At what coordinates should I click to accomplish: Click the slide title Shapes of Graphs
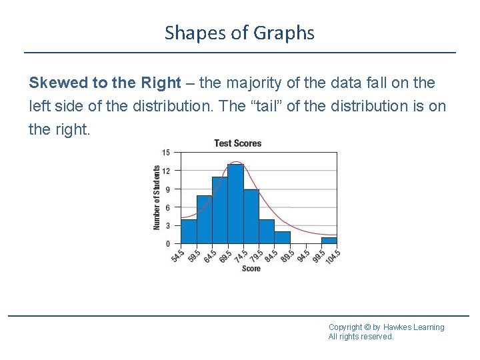point(239,33)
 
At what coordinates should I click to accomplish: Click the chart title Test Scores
point(237,143)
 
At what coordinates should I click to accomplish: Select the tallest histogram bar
point(235,203)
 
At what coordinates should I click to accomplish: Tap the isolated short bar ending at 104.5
point(329,241)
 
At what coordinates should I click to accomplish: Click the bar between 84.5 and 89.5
point(283,237)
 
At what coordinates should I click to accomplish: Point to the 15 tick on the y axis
point(166,153)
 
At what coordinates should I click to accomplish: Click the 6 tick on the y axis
point(167,207)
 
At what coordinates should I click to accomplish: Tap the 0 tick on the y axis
point(167,244)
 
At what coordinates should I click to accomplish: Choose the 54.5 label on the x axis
point(177,256)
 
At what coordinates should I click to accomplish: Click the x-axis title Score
point(251,269)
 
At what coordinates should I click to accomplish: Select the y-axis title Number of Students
point(157,198)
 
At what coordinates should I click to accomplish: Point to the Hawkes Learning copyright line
point(386,327)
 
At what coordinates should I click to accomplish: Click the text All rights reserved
point(361,337)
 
